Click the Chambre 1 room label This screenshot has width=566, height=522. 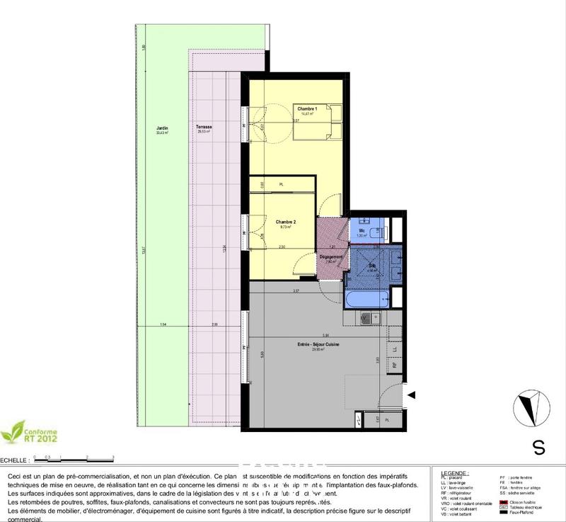click(307, 108)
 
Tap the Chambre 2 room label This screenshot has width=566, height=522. click(286, 222)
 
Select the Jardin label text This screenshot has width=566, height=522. click(163, 128)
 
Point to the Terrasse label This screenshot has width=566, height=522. click(205, 128)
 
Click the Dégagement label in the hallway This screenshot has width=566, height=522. click(331, 257)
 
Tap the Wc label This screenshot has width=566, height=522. click(362, 231)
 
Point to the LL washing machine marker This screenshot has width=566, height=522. click(395, 349)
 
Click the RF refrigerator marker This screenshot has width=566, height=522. click(395, 365)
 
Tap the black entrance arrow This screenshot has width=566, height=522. click(411, 395)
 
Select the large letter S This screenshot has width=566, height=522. click(539, 448)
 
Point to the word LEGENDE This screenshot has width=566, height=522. click(453, 472)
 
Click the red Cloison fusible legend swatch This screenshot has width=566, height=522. click(503, 501)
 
